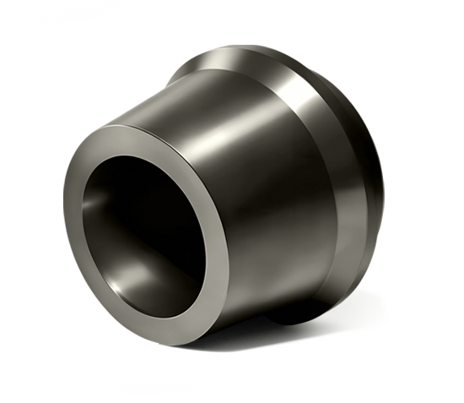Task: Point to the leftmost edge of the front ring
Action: [x=66, y=211]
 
